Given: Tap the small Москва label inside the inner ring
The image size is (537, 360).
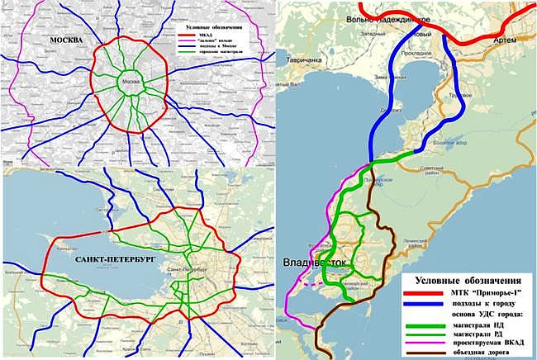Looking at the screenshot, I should click(x=128, y=82).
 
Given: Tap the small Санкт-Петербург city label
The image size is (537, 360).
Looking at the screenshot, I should click(x=190, y=271).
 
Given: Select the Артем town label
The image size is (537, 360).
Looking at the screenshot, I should click(x=505, y=39).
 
